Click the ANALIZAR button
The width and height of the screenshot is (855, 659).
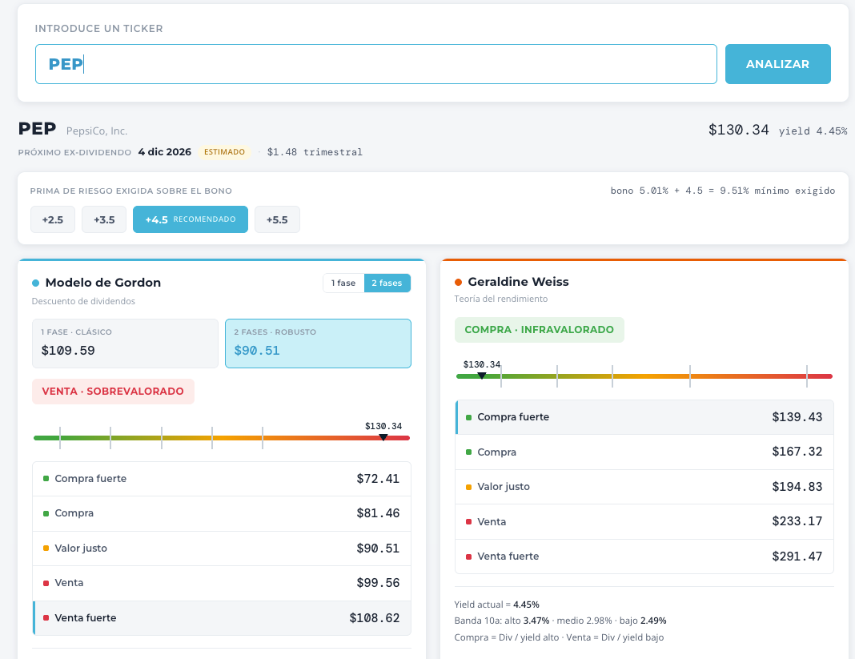(x=777, y=64)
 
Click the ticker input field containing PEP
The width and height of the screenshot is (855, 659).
(x=375, y=64)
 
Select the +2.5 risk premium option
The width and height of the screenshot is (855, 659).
(x=52, y=219)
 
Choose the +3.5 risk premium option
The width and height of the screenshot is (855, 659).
(x=104, y=219)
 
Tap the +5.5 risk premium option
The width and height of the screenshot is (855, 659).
(x=277, y=219)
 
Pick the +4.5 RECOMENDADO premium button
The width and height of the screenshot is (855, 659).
(x=191, y=219)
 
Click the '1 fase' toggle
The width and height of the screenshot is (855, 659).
(x=343, y=283)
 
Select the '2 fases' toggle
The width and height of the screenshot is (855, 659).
(x=387, y=283)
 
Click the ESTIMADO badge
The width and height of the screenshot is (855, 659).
(x=225, y=151)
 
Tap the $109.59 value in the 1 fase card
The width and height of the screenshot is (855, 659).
(x=68, y=350)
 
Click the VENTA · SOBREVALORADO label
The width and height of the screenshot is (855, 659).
(x=113, y=391)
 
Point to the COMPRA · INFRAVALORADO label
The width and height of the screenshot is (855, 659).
(x=540, y=330)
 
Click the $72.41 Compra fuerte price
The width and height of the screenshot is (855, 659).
(x=378, y=478)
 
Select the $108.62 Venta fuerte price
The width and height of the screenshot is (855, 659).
(x=375, y=617)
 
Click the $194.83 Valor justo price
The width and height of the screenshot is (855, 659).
(x=797, y=486)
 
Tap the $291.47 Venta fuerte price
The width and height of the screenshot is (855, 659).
(x=797, y=556)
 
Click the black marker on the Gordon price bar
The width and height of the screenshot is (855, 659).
(x=383, y=437)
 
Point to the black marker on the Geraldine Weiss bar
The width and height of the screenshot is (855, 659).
(x=481, y=376)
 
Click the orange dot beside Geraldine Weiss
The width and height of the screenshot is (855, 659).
(x=458, y=282)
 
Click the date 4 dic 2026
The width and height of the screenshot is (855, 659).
(x=165, y=151)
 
